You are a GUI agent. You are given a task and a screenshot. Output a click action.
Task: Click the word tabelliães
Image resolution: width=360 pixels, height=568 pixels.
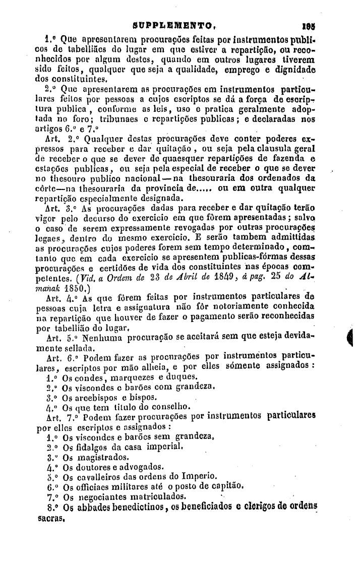pos(66,47)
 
